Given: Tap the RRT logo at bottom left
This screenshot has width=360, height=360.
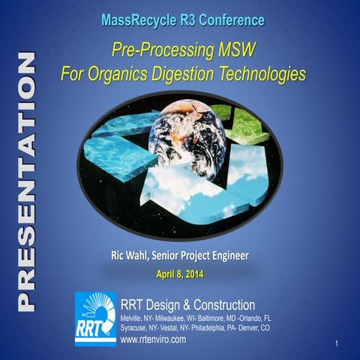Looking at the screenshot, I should click(x=95, y=318).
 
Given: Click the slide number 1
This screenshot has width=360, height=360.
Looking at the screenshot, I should click(x=339, y=343).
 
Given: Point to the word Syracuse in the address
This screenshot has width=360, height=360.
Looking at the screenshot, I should click(x=135, y=328).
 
